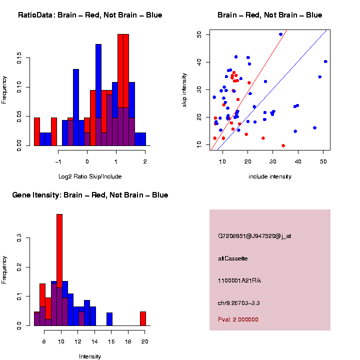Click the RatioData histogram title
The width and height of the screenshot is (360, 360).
pos(90,15)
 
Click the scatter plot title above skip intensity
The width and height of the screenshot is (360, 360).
pos(269,15)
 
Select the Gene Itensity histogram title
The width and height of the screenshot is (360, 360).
pos(90,195)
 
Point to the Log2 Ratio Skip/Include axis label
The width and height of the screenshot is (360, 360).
pos(90,176)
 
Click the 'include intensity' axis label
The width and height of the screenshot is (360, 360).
pos(269,176)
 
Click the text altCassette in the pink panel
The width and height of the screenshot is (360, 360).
pos(233,258)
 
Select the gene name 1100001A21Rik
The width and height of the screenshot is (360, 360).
pos(239,280)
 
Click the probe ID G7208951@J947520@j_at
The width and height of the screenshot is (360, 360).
pos(254,236)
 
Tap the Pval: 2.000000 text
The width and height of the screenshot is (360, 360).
pos(238,319)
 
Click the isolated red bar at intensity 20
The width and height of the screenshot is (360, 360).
pos(143,318)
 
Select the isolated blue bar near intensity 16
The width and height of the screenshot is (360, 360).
pos(109,319)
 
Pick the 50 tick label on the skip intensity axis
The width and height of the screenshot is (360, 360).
pos(199,34)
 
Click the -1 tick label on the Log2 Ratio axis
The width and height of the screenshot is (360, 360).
pos(58,161)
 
